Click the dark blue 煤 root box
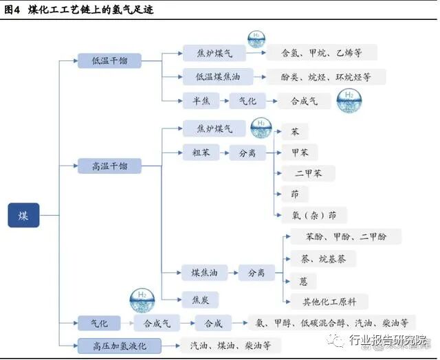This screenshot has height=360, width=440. [x=24, y=214]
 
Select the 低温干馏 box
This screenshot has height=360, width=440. [x=109, y=60]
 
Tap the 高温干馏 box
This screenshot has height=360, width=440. [x=109, y=166]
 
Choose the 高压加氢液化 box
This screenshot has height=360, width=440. [x=120, y=345]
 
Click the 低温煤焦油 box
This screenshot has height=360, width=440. [x=214, y=77]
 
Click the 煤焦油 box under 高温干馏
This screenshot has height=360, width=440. [x=204, y=273]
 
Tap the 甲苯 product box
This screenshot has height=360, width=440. [x=299, y=153]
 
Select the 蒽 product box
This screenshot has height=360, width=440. [x=303, y=280]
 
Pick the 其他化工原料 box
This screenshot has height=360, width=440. [x=325, y=301]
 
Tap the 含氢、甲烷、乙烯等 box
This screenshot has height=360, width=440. [x=320, y=52]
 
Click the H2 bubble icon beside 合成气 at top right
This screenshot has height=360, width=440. [x=349, y=100]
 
